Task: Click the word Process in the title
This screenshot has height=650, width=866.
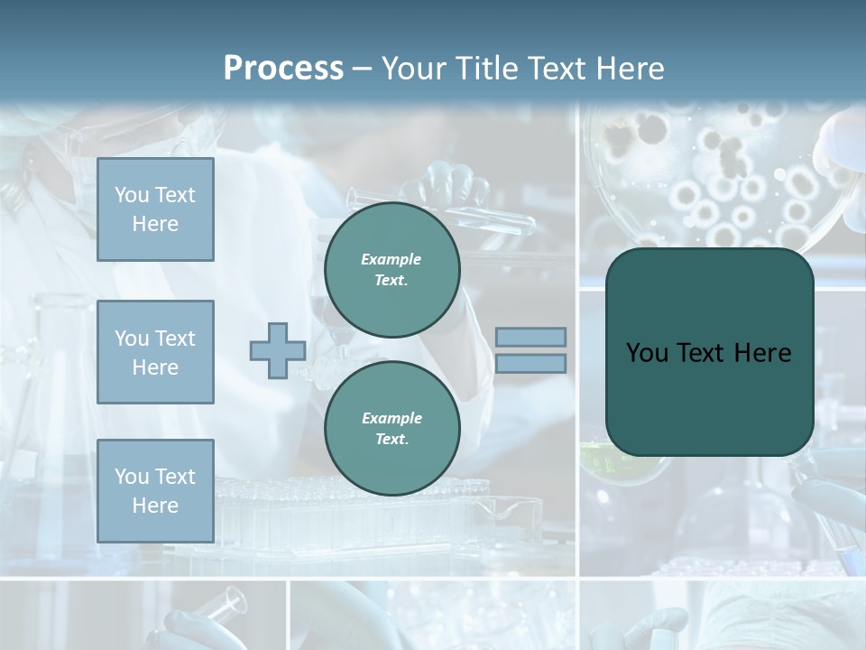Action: tap(283, 69)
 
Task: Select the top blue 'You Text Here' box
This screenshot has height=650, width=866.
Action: tap(155, 209)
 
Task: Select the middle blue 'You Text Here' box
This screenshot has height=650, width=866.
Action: tap(155, 352)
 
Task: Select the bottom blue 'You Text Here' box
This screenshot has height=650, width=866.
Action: tap(155, 491)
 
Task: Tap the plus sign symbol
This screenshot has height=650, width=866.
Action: tap(277, 350)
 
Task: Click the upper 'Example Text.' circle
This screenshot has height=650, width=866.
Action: tap(392, 269)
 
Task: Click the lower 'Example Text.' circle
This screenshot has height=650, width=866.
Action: tap(392, 428)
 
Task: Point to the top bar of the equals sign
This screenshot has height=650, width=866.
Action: tap(530, 337)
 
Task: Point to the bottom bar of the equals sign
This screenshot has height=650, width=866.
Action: tap(530, 363)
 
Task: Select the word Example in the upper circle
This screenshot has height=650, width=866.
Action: tap(391, 259)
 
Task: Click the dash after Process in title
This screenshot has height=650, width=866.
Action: tap(363, 69)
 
